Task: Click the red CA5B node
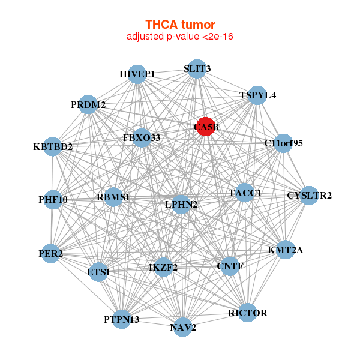click(x=206, y=127)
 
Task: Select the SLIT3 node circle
click(x=197, y=69)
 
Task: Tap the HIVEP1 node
click(x=137, y=74)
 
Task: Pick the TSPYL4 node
click(x=257, y=95)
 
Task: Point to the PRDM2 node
click(x=88, y=104)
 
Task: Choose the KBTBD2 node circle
click(x=53, y=147)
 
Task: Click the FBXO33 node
click(x=142, y=138)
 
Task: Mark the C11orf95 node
click(x=284, y=143)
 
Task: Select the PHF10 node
click(x=53, y=200)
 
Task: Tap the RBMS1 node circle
click(x=113, y=197)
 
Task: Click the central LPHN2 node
click(x=181, y=205)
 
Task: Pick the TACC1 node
click(x=245, y=193)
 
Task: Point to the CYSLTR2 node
click(x=309, y=196)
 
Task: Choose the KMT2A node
click(x=286, y=250)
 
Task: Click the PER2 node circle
click(x=51, y=254)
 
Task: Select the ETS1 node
click(x=98, y=272)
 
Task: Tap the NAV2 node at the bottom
click(x=183, y=327)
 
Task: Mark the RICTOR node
click(x=247, y=313)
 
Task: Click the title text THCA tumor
click(x=180, y=25)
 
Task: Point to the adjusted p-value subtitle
click(x=180, y=37)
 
